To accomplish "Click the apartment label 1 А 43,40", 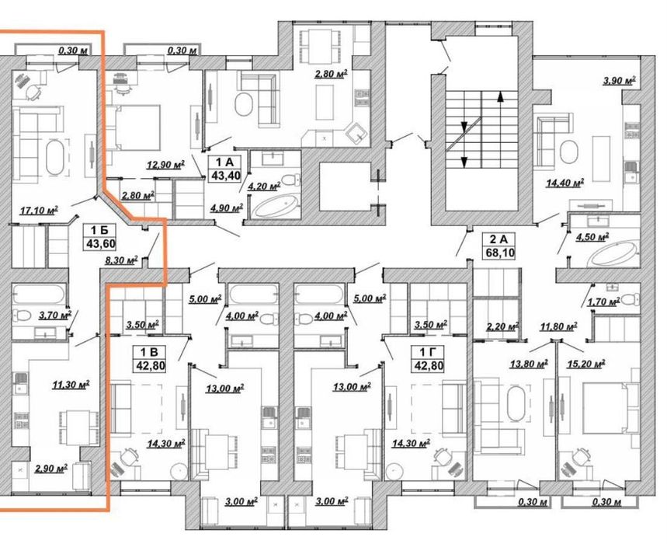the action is click(x=224, y=168).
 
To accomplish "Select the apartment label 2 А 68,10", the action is click(x=500, y=246).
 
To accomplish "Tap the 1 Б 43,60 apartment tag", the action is click(x=99, y=237).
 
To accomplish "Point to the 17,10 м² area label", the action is click(x=39, y=210).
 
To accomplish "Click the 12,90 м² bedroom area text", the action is click(x=165, y=165).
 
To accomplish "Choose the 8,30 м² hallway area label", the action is click(x=122, y=260).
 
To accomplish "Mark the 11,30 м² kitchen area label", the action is click(x=70, y=385).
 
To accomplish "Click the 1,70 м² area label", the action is click(x=603, y=302).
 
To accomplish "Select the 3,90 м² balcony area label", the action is click(x=619, y=80).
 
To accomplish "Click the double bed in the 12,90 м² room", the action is click(x=132, y=127).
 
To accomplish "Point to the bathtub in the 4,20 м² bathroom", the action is click(x=276, y=206).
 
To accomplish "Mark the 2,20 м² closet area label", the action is click(x=502, y=326).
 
